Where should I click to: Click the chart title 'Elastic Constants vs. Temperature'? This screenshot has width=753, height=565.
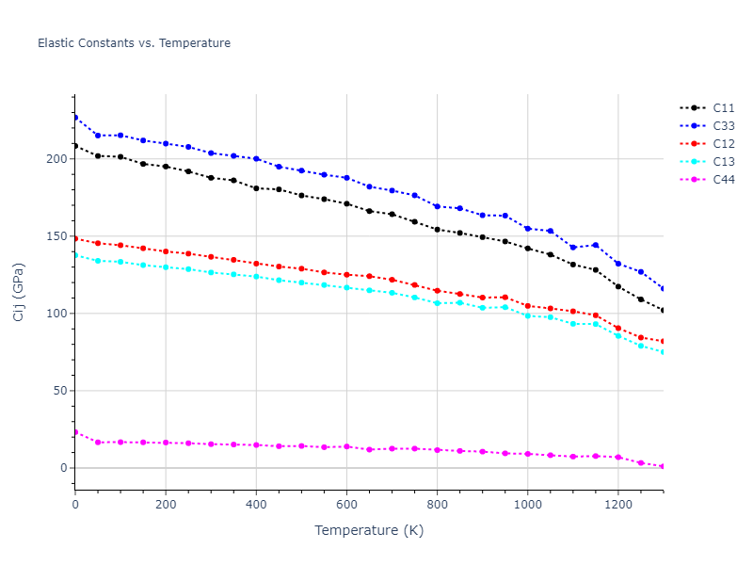134,43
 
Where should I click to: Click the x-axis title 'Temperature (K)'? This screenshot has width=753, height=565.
369,530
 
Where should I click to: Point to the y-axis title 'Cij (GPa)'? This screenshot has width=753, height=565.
19,292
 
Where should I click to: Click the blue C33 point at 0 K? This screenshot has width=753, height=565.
75,118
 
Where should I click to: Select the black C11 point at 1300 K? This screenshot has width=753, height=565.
663,310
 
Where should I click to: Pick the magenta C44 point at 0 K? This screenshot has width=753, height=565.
75,432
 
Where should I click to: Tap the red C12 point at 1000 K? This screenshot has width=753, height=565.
527,306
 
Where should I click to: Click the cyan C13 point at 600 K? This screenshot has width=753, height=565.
346,287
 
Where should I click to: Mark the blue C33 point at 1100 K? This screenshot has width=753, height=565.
572,248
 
